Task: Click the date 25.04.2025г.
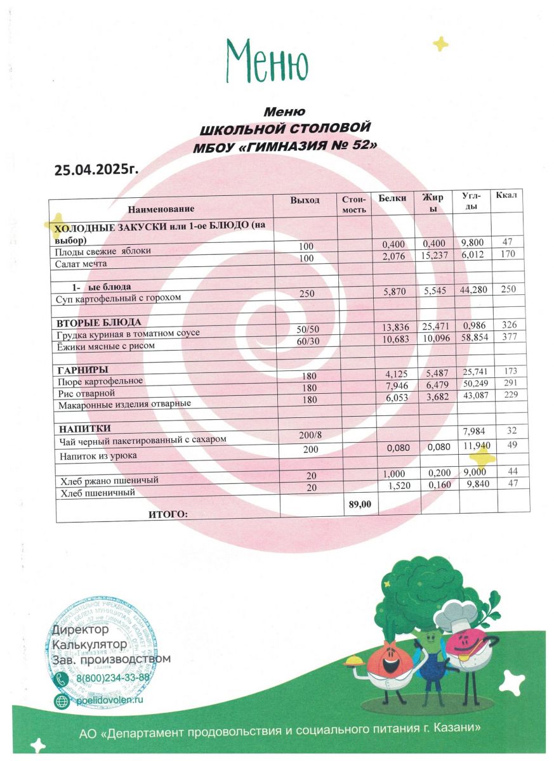[96, 169]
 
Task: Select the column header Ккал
[506, 195]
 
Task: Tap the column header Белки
[392, 198]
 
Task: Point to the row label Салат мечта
[81, 263]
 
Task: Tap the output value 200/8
[309, 435]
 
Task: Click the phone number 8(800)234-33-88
[113, 678]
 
